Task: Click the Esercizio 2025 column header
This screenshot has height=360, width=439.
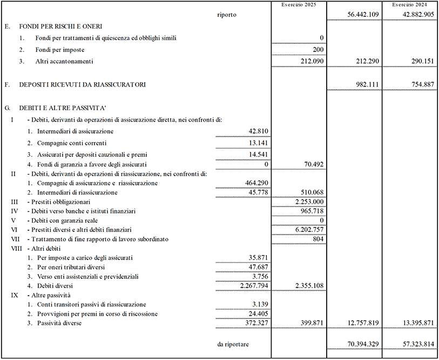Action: (x=299, y=4)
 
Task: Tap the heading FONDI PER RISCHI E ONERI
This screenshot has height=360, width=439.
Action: (x=61, y=26)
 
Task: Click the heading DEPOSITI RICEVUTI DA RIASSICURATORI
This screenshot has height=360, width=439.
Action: (x=82, y=85)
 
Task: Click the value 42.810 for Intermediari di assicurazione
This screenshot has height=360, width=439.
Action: (x=258, y=131)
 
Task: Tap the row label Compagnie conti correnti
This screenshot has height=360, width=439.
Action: (x=72, y=143)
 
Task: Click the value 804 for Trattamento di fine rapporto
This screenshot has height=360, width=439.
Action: (x=319, y=239)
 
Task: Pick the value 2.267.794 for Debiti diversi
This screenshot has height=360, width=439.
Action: (x=249, y=285)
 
